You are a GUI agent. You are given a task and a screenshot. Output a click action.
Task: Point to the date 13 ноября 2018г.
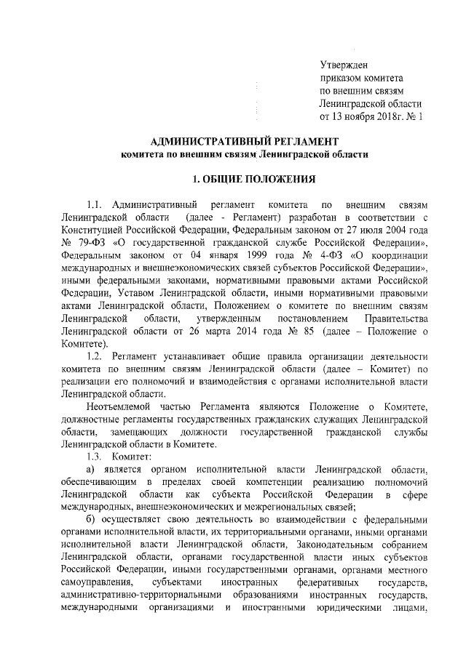368,116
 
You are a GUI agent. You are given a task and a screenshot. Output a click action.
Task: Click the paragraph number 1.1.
96,205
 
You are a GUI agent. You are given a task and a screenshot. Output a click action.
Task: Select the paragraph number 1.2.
96,356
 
